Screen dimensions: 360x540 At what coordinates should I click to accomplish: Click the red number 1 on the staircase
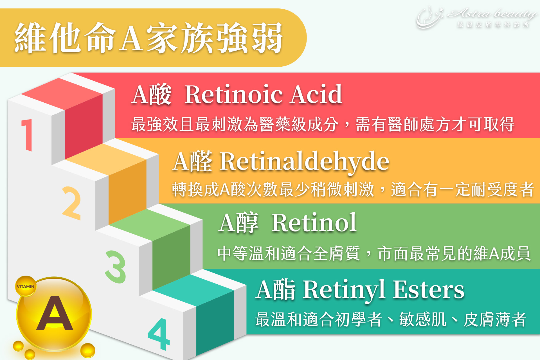(27, 135)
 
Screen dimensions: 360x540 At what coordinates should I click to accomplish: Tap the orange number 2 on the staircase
(72, 203)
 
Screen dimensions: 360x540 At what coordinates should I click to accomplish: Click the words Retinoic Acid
(263, 94)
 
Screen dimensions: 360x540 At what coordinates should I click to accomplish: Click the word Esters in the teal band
(429, 290)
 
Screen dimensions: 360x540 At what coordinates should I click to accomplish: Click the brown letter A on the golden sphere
(55, 314)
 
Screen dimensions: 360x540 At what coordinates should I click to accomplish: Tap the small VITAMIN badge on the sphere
(26, 286)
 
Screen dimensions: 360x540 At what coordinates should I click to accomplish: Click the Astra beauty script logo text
(491, 13)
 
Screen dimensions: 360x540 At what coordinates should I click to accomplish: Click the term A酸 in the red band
(152, 94)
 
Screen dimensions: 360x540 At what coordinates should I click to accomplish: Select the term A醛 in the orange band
(193, 161)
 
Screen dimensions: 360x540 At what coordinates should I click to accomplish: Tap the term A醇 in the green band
(238, 223)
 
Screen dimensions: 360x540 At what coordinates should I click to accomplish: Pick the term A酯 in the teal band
(276, 290)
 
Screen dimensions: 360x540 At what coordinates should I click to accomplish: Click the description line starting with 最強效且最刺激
(323, 124)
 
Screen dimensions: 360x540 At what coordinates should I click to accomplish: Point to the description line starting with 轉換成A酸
(353, 189)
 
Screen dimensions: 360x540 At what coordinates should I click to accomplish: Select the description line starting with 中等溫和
(374, 253)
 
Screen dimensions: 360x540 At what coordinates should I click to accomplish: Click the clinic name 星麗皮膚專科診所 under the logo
(493, 25)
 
